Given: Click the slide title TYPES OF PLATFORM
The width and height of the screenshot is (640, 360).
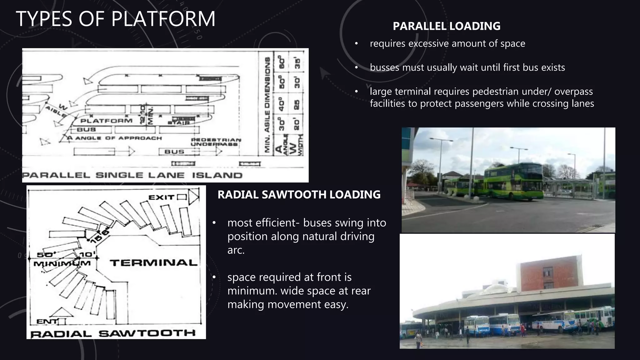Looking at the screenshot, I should point(115,19).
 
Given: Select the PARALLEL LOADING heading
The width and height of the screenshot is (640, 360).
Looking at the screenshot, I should point(446,26).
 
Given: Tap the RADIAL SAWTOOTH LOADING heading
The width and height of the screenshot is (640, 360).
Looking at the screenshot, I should point(299,194).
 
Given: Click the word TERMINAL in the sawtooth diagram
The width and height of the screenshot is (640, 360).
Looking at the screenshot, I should point(154,263).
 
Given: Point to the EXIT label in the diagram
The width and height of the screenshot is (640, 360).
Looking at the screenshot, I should point(161,197).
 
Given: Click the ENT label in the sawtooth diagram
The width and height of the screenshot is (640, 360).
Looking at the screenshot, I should point(47,321).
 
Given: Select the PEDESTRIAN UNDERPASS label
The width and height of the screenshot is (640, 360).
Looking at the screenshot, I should point(216,142).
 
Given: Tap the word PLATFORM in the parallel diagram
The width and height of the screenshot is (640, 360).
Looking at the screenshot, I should point(106,121).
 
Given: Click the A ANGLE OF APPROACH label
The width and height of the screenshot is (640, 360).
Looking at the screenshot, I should point(115,138).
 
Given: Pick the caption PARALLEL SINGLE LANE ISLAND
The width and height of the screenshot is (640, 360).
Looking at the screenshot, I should point(132,175).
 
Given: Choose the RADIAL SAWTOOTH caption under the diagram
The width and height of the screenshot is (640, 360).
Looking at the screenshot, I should point(113,333).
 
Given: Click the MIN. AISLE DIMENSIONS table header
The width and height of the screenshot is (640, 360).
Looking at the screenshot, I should point(267,105).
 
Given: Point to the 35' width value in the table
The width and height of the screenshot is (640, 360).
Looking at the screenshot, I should point(297,63).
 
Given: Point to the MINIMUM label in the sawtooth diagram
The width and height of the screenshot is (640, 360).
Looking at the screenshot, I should point(62,263).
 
